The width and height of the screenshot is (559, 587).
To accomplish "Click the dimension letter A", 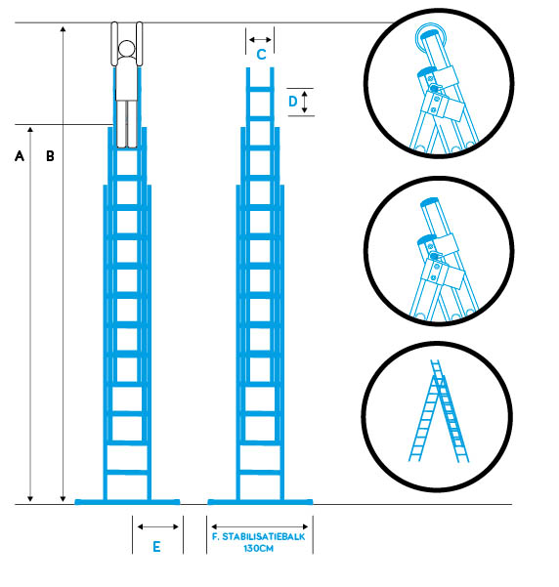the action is [20, 155].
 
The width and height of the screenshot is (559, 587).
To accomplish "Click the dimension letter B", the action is [50, 155].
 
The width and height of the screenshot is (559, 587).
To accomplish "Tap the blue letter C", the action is [261, 55].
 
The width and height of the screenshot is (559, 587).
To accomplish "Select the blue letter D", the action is [292, 101].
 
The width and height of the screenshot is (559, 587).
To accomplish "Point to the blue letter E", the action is [156, 547].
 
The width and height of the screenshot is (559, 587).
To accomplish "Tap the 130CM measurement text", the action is [259, 549].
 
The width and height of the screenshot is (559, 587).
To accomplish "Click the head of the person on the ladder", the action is [127, 48].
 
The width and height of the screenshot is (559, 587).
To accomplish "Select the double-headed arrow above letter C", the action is [260, 39].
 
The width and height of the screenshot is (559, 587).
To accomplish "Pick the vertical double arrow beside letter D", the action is [305, 102].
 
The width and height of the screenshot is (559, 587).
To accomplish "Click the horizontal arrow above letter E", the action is [157, 526].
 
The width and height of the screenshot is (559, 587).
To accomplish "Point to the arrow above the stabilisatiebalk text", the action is [260, 526].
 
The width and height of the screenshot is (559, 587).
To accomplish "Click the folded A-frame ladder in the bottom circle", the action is [439, 410].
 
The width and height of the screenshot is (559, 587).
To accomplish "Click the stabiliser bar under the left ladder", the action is [127, 502].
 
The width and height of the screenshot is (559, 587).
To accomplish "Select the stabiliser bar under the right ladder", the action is [260, 502].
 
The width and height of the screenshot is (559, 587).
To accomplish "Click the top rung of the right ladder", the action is [260, 89].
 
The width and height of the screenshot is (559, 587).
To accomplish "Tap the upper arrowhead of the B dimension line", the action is [63, 29].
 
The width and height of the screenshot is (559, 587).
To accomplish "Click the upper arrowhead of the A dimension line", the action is [30, 130].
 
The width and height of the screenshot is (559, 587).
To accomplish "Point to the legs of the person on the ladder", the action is [127, 124].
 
